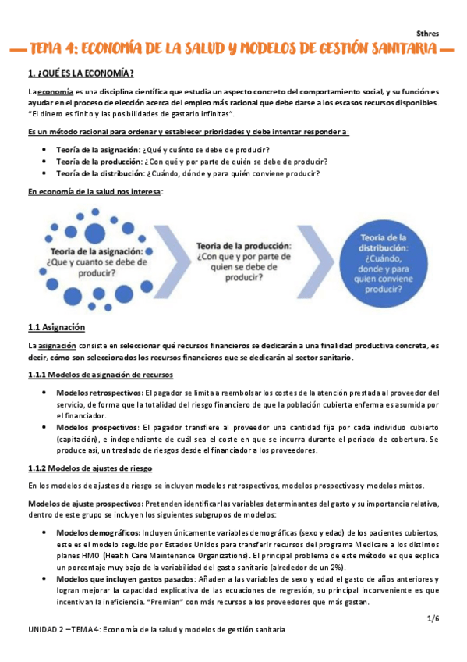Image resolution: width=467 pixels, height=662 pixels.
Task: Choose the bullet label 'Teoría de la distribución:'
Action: [x=99, y=173]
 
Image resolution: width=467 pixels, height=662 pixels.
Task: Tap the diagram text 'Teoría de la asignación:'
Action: [x=97, y=252]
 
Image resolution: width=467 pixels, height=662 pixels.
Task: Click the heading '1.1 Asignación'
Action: [x=55, y=327]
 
